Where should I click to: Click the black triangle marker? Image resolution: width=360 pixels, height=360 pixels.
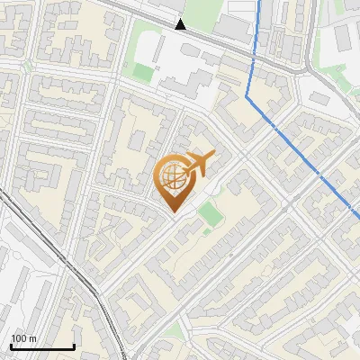click(x=181, y=24)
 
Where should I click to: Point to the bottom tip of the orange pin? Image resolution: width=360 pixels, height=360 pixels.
click(x=173, y=211)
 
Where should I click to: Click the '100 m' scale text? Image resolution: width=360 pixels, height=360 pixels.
click(x=23, y=338)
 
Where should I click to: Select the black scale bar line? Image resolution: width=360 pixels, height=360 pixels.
click(x=42, y=346)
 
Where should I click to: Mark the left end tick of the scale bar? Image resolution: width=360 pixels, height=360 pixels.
click(x=11, y=346)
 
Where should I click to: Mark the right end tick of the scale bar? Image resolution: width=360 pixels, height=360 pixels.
click(x=74, y=346)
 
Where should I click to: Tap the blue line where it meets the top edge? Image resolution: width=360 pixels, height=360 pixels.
click(x=261, y=2)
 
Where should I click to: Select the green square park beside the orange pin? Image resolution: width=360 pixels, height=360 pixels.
click(x=209, y=213)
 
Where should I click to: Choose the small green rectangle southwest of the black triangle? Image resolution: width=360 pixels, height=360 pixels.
click(x=144, y=72)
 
